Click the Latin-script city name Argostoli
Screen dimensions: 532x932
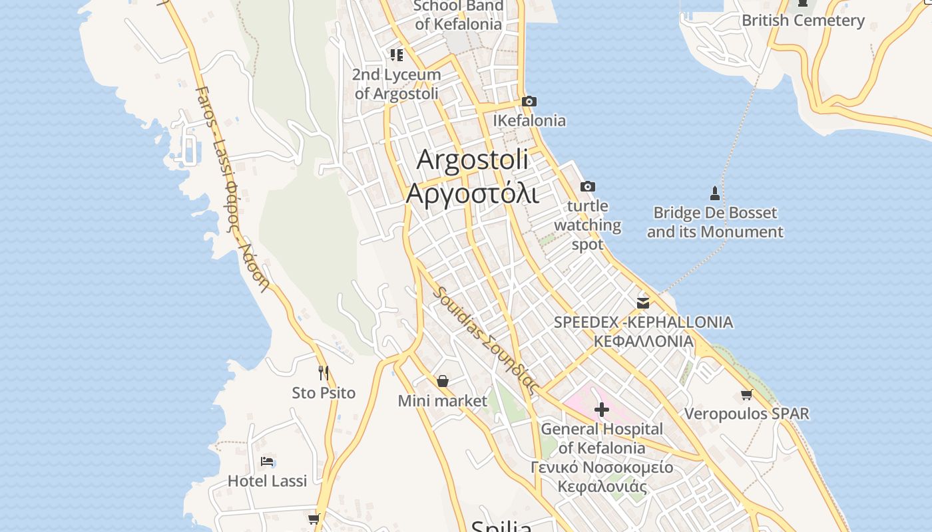coord(473,160)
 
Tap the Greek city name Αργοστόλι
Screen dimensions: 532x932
coord(473,193)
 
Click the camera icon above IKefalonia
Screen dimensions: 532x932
coord(529,102)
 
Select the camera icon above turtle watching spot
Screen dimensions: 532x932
coord(588,187)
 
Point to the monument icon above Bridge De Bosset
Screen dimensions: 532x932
coord(715,194)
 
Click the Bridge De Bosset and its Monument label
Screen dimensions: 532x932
coord(715,223)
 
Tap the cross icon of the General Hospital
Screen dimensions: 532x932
coord(602,410)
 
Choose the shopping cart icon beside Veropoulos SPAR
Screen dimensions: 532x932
coord(747,395)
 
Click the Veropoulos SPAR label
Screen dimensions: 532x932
coord(747,414)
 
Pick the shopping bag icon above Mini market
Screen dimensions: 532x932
coord(443,382)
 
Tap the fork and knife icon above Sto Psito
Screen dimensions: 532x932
coord(324,373)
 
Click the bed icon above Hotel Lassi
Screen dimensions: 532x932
coord(267,462)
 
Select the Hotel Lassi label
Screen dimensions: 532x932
coord(267,481)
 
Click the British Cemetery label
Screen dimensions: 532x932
coord(803,21)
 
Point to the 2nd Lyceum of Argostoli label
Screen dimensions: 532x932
coord(397,84)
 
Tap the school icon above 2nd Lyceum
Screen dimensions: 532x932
coord(397,55)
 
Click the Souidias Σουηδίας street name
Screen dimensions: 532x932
coord(485,340)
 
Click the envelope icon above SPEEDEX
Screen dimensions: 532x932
coord(643,303)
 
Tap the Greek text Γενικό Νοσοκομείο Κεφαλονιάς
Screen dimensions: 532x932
coord(602,476)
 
